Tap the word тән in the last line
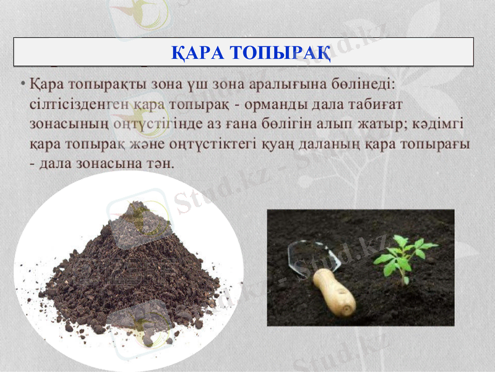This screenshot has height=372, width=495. point(159,164)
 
